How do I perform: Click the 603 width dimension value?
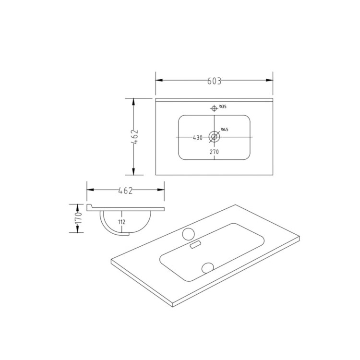coord(214,81)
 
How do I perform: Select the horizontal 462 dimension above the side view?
coord(125,191)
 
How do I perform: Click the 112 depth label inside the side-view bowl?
coord(121,222)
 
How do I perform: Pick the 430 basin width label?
coord(197,138)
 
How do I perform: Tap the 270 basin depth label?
coord(214,152)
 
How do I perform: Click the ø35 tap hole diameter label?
coord(223,106)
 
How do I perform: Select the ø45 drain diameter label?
coord(224,130)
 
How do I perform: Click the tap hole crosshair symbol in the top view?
coord(214,108)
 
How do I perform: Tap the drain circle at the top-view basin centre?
coord(214,137)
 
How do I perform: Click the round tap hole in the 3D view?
coord(188,234)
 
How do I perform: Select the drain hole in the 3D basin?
coord(207,266)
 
